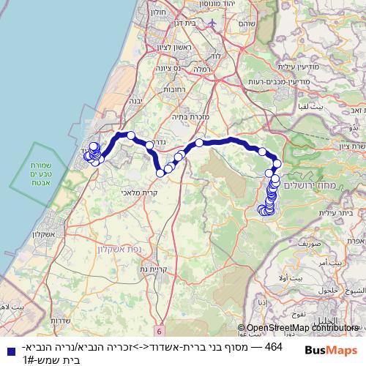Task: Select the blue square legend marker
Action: point(7,351)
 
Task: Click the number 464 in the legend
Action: point(273,346)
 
